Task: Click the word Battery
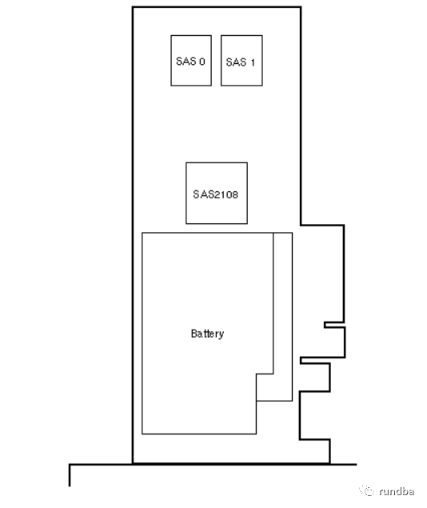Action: [207, 334]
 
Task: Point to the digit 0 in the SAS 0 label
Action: [202, 62]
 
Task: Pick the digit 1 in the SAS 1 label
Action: [253, 62]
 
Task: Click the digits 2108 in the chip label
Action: [225, 194]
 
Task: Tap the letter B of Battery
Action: [194, 333]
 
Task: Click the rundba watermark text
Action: [397, 491]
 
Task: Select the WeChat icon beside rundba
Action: [367, 490]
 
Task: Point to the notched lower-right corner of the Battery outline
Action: [257, 374]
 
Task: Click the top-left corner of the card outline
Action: [133, 7]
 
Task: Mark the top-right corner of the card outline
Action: [301, 7]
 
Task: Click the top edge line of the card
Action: [217, 7]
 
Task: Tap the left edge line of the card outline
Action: [133, 235]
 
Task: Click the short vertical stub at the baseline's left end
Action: [70, 475]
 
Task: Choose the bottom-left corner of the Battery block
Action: [142, 434]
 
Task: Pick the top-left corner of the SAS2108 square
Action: [186, 162]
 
